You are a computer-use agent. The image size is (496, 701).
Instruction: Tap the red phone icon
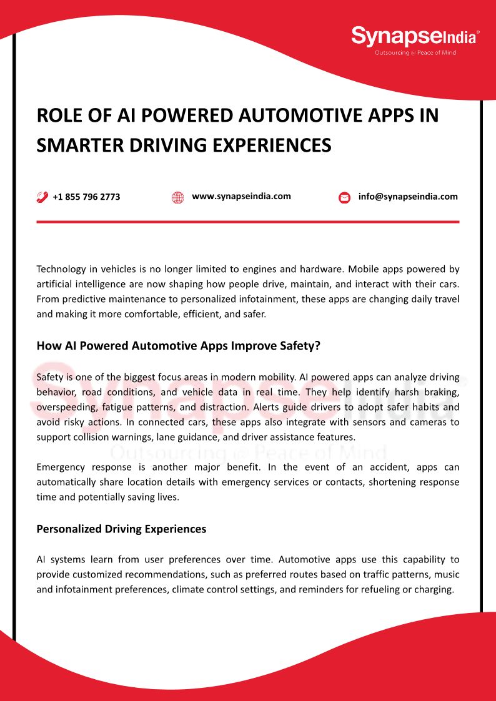[42, 197]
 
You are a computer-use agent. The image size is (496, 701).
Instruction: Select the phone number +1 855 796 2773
[86, 197]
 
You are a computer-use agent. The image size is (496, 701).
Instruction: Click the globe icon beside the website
[177, 198]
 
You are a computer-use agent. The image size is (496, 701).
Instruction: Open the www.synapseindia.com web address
[241, 196]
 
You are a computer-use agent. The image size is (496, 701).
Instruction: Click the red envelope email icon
[344, 198]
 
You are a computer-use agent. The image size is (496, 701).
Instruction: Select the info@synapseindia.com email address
[408, 197]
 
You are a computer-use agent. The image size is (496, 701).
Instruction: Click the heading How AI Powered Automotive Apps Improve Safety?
[178, 345]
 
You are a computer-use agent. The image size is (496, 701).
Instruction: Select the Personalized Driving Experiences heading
[121, 529]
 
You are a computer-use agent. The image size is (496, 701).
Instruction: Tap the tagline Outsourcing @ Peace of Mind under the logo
[415, 53]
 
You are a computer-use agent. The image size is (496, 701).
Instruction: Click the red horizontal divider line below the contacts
[248, 222]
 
